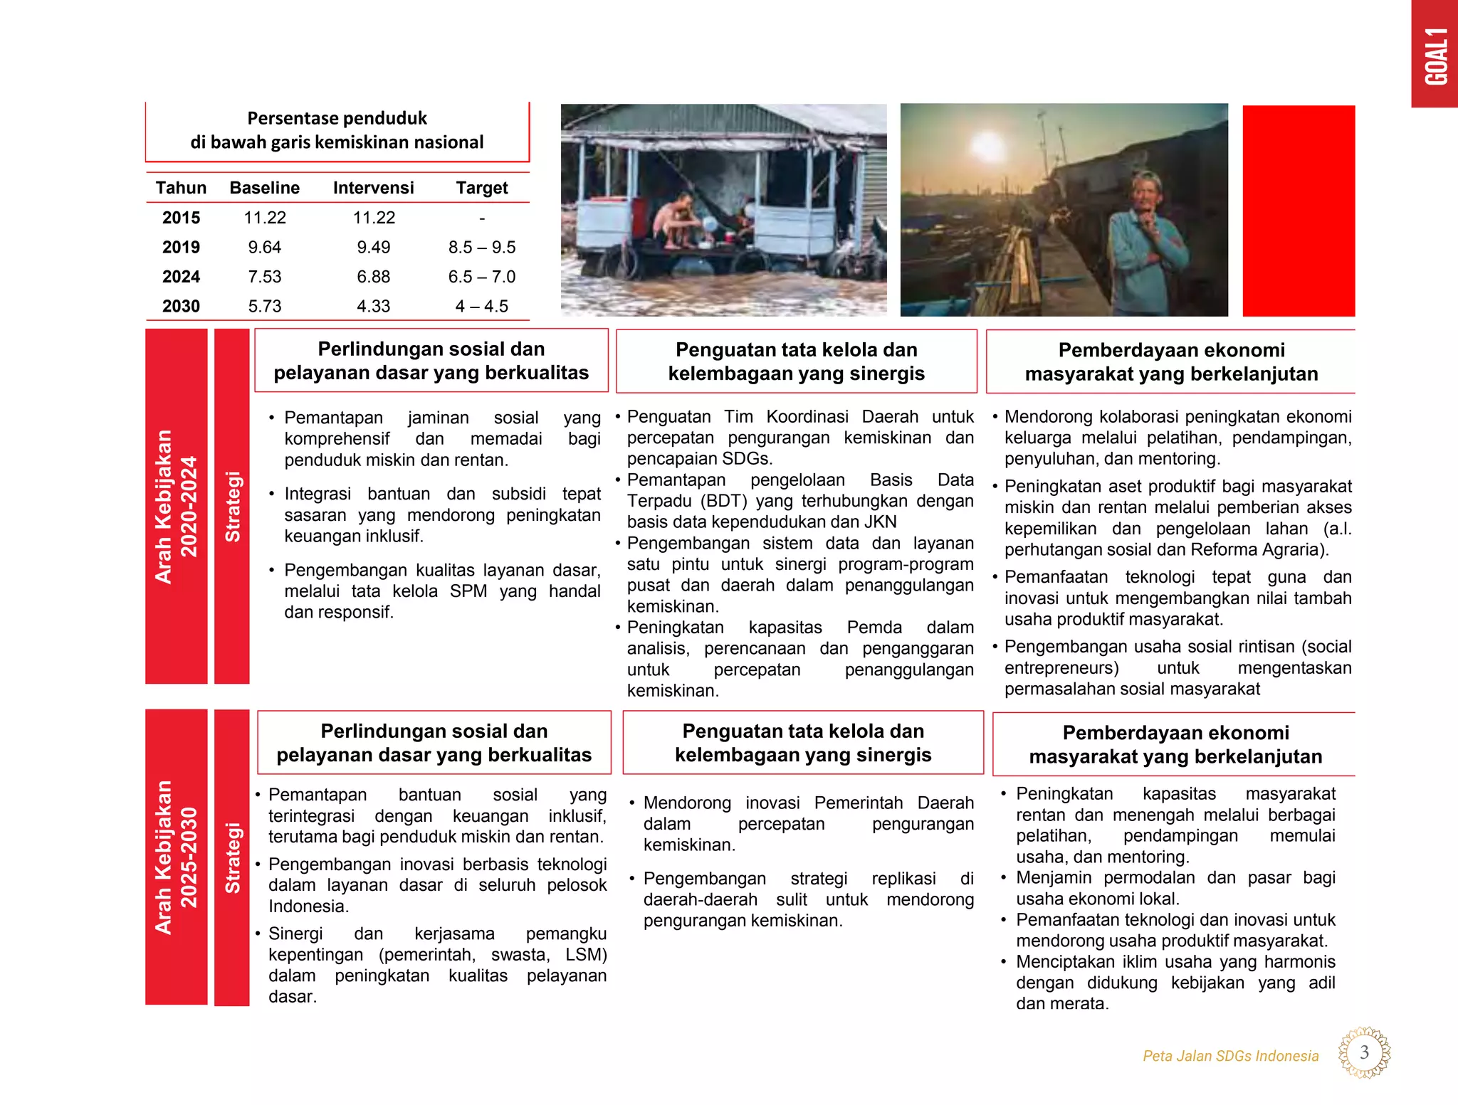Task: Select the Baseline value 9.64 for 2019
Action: click(x=264, y=247)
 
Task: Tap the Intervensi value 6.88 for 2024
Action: click(x=373, y=277)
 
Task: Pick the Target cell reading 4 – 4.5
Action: click(x=481, y=306)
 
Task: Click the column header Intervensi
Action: click(x=373, y=188)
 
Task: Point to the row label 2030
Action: click(x=181, y=306)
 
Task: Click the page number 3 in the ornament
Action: click(x=1364, y=1052)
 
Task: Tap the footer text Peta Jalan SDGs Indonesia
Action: click(x=1230, y=1056)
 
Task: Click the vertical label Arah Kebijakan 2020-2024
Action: click(x=176, y=506)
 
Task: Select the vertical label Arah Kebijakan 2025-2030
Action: click(x=176, y=857)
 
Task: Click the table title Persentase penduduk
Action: click(x=337, y=118)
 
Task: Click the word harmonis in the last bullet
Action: click(x=1299, y=961)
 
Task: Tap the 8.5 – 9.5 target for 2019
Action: click(x=481, y=247)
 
